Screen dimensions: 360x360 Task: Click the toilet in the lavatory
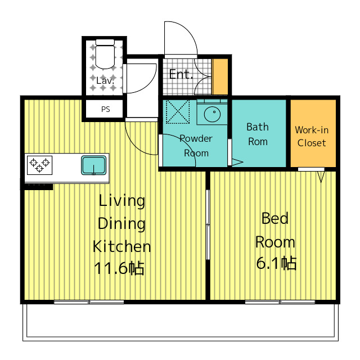105,54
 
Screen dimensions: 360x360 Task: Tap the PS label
106,109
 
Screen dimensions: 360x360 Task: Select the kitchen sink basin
94,165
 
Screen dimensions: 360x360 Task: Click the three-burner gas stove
40,165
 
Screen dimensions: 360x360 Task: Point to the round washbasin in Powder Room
213,114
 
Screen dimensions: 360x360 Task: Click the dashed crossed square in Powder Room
178,112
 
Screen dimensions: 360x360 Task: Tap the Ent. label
181,74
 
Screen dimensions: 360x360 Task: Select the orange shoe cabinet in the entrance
220,76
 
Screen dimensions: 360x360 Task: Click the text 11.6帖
119,268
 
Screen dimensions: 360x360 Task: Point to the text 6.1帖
276,263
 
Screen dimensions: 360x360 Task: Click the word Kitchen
121,246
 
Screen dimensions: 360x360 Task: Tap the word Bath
258,127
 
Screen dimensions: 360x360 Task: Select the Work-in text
312,130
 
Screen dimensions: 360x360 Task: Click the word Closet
312,143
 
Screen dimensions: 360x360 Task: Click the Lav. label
105,80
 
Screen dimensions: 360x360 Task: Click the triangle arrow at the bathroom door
237,162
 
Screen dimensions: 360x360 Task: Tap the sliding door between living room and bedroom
208,224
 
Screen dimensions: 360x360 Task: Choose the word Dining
121,224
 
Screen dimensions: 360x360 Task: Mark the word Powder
196,138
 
